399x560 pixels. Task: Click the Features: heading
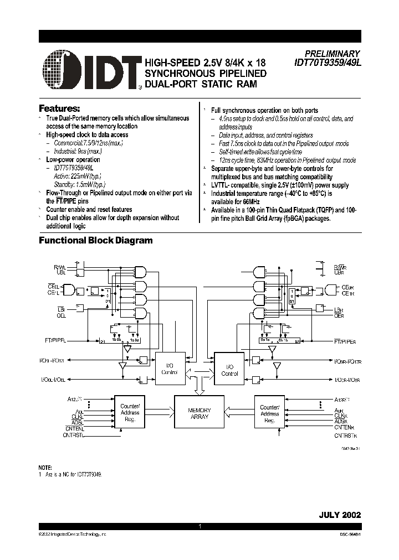59,107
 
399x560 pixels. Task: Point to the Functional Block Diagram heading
95,240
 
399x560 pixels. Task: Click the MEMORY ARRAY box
199,413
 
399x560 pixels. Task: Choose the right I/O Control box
229,370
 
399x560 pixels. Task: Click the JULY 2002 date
340,514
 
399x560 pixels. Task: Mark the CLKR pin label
341,414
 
